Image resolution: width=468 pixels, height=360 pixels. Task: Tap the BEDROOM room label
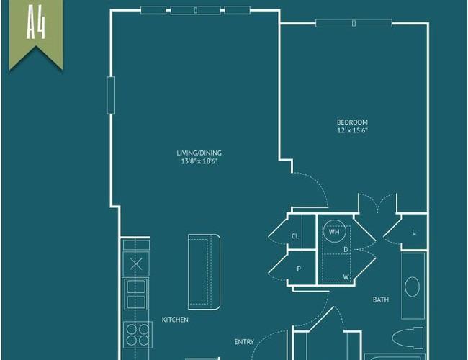pos(352,122)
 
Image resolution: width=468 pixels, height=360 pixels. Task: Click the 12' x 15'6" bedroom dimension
pos(352,130)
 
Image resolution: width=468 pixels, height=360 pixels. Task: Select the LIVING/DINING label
pos(199,153)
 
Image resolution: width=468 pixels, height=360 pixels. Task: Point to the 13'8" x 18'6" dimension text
pos(199,161)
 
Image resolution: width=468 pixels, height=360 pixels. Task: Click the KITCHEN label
pos(175,320)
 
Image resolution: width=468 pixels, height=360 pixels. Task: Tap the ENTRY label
pos(244,342)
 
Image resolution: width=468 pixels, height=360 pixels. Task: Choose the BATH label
pos(381,300)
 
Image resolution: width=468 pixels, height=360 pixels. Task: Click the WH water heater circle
pos(334,231)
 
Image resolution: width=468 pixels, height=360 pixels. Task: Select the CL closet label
pos(295,236)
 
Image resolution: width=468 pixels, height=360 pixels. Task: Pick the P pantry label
pos(299,269)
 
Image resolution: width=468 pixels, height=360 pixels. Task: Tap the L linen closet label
pos(414,232)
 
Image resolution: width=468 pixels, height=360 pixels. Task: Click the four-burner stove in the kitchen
pos(138,335)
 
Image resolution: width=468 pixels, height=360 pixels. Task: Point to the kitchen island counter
pos(204,272)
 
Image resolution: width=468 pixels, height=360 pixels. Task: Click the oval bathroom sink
pos(412,287)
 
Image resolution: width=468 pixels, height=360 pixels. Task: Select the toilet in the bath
pos(408,338)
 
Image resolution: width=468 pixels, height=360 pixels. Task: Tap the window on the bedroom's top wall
pos(354,23)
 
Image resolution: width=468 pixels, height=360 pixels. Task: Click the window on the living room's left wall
pos(111,95)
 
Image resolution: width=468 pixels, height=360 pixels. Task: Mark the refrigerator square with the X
pos(136,264)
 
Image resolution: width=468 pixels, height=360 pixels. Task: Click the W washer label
pos(346,277)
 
